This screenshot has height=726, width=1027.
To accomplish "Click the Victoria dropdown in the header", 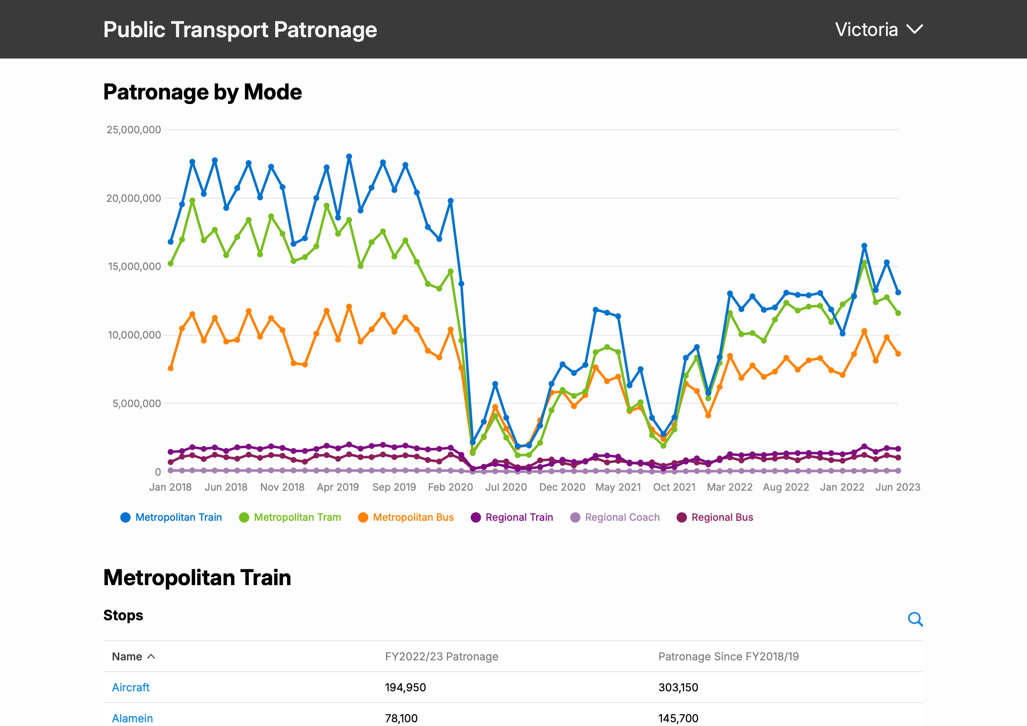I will pyautogui.click(x=878, y=30).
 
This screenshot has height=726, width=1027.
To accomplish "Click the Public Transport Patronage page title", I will pyautogui.click(x=240, y=30).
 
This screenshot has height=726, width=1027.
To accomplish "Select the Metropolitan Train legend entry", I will pyautogui.click(x=171, y=517).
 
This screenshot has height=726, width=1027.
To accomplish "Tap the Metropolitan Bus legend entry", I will pyautogui.click(x=406, y=517).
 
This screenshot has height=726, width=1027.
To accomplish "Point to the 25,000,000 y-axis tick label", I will pyautogui.click(x=133, y=130).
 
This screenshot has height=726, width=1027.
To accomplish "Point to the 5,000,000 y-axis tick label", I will pyautogui.click(x=136, y=404).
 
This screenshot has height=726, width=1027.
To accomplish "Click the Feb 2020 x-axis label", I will pyautogui.click(x=450, y=487).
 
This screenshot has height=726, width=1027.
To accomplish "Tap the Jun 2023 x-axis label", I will pyautogui.click(x=897, y=487).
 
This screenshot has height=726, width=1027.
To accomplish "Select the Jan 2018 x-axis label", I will pyautogui.click(x=171, y=487).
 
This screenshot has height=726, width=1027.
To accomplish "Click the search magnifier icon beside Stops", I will pyautogui.click(x=915, y=619).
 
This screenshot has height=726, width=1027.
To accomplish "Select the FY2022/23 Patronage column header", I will pyautogui.click(x=441, y=656).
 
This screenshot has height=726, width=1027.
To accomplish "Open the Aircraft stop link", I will pyautogui.click(x=130, y=687).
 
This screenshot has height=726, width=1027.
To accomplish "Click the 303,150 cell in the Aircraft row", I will pyautogui.click(x=678, y=687).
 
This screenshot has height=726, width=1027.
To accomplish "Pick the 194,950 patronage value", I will pyautogui.click(x=405, y=687).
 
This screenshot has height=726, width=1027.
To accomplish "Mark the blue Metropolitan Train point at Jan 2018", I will pyautogui.click(x=171, y=242).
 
